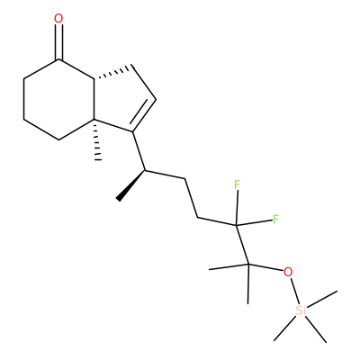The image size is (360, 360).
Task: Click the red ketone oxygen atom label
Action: click(x=58, y=19)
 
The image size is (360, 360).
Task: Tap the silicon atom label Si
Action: click(x=301, y=310)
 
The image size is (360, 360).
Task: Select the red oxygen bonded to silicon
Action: click(x=288, y=272)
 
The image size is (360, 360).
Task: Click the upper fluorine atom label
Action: click(x=237, y=185)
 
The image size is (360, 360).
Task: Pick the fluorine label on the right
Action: click(x=275, y=220)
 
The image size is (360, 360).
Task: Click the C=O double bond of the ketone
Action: click(x=58, y=42)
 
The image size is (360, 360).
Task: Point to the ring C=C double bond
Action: click(x=142, y=115)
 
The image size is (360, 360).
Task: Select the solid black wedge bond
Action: click(x=131, y=185)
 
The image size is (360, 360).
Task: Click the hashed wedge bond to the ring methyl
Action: click(x=96, y=139)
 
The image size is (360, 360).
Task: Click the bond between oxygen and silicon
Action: click(x=294, y=291)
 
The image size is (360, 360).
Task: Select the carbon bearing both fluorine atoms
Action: click(x=236, y=225)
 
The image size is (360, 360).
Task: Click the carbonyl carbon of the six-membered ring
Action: click(x=58, y=59)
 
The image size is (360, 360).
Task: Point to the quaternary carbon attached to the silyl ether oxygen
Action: click(x=248, y=265)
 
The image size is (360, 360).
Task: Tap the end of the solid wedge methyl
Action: click(x=119, y=198)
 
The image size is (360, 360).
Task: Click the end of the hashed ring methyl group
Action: click(x=98, y=159)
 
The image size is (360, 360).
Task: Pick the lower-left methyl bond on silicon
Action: click(x=285, y=328)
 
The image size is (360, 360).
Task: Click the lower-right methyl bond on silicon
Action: click(x=316, y=328)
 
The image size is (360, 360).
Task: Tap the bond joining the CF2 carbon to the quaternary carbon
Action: click(x=242, y=245)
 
